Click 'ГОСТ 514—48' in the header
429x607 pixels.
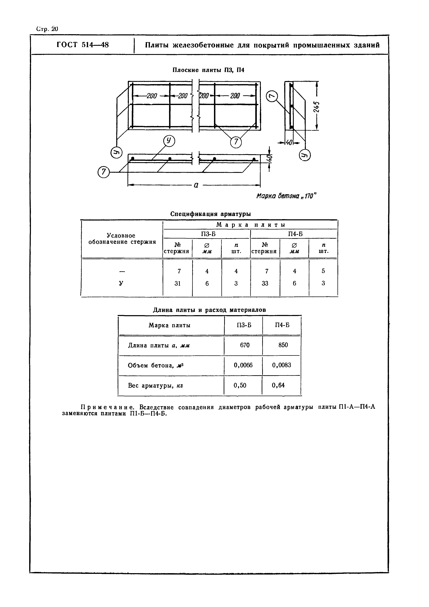coord(83,45)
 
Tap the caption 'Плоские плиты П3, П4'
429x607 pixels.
coord(208,70)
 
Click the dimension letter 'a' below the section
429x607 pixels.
coord(196,185)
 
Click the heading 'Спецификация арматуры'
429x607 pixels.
coord(210,214)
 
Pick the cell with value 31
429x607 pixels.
coord(178,283)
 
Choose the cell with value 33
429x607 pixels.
coord(265,283)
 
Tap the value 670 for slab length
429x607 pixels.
coord(245,345)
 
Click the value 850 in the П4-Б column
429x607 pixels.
coord(283,345)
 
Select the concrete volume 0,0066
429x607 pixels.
coord(243,365)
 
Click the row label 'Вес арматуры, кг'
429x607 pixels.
coord(155,386)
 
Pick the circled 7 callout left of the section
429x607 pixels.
coord(103,172)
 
